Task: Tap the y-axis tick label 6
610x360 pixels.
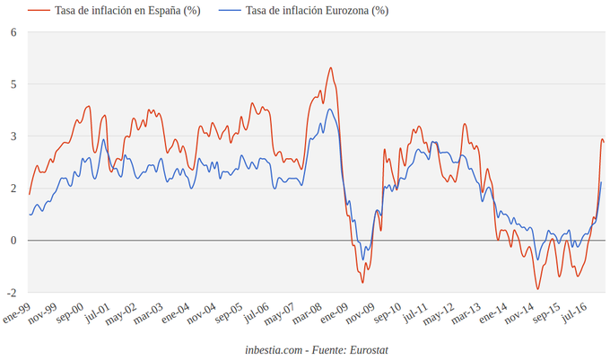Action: (13, 32)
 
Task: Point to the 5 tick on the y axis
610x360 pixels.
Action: (13, 84)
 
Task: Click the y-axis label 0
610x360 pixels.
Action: (13, 241)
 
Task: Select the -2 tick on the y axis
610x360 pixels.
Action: (12, 293)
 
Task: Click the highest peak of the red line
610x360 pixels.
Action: (330, 68)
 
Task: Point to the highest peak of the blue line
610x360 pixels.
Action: (330, 110)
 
